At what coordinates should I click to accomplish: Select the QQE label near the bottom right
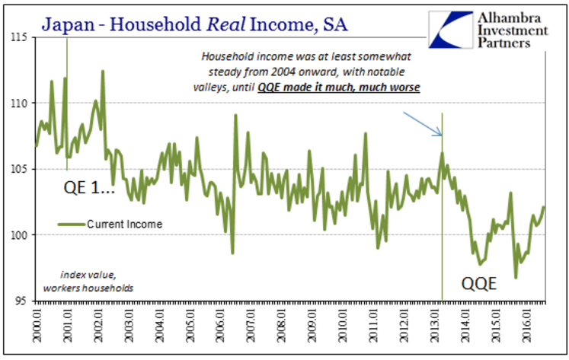click(480, 285)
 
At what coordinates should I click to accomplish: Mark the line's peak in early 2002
click(103, 71)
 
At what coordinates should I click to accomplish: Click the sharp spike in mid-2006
click(235, 115)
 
